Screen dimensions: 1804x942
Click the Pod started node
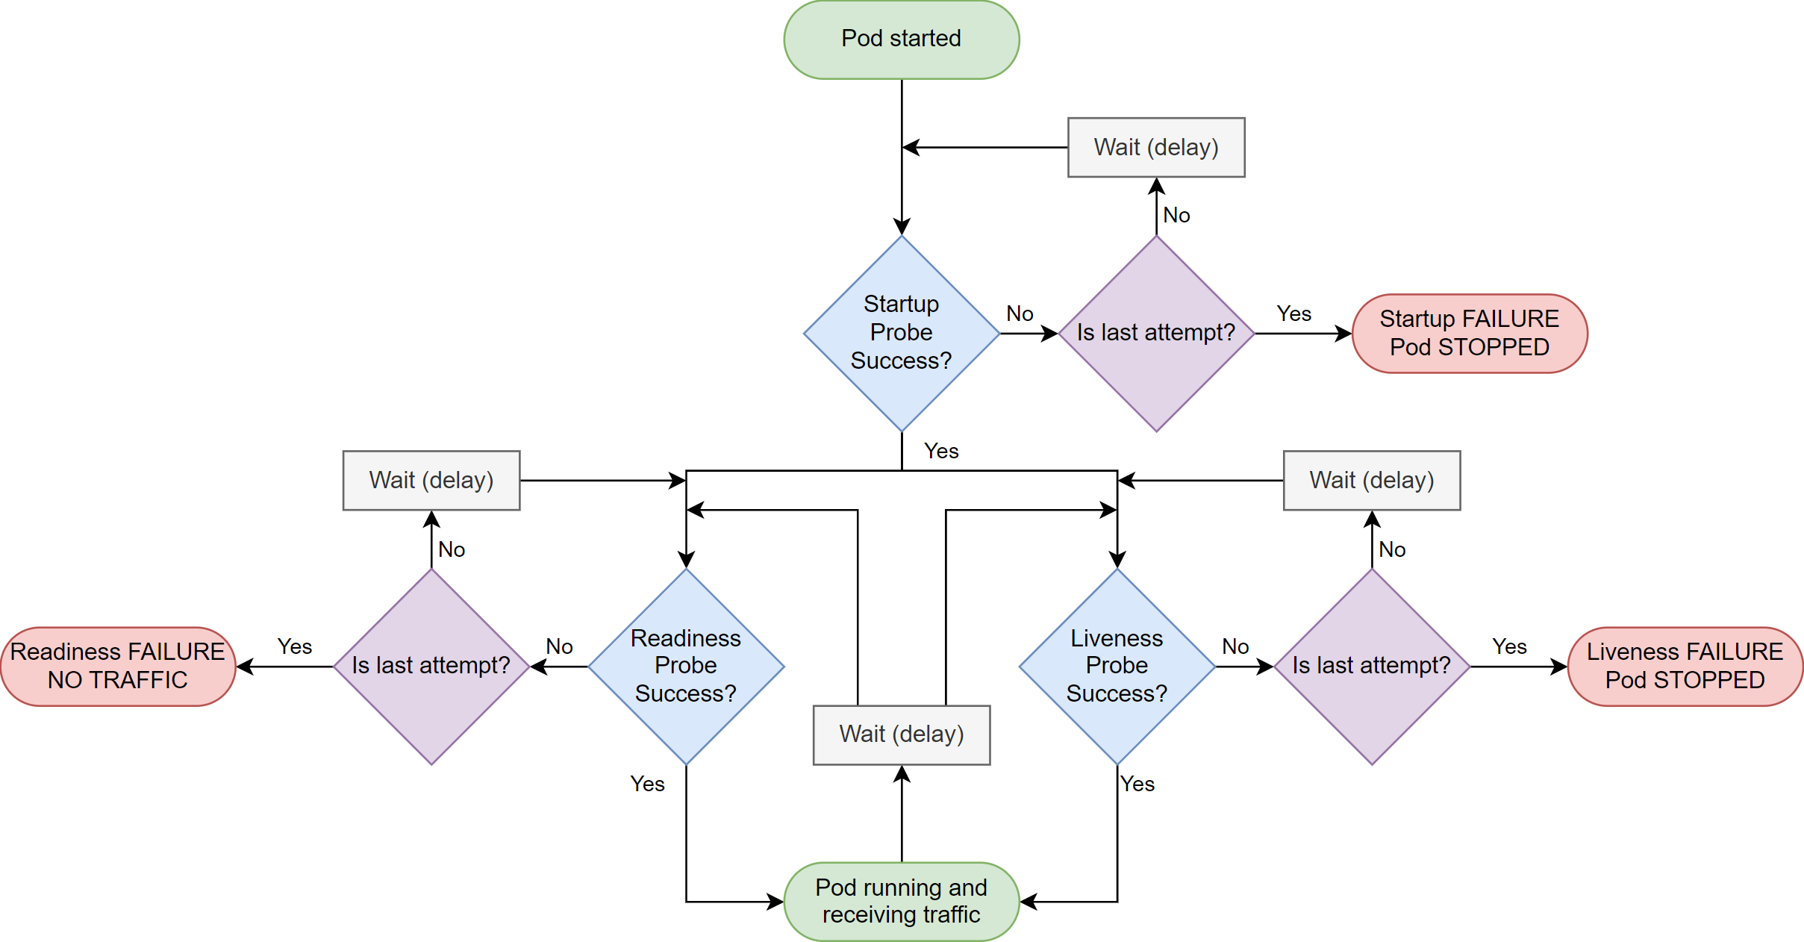902,40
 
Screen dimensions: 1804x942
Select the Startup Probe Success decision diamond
902,334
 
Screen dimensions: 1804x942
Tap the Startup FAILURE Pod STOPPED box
1470,334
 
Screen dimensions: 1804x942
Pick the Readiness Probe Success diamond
686,667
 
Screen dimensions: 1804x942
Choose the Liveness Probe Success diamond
1117,667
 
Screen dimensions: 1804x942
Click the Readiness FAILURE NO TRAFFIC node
118,667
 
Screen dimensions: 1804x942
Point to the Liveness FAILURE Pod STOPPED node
1685,667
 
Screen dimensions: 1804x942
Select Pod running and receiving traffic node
902,902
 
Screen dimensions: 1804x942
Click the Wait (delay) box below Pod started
1156,147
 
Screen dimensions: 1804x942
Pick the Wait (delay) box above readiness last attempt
431,481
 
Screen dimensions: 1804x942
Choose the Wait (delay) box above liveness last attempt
1372,481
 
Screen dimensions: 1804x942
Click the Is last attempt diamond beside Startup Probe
1156,334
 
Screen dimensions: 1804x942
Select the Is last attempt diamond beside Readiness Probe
431,667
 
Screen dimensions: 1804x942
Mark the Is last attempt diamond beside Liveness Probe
1372,667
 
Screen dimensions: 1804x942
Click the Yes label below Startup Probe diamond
941,451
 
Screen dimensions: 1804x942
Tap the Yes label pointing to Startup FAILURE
1293,314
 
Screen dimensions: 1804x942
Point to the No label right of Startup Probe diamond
1020,314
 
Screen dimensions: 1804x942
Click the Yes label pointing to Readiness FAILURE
295,646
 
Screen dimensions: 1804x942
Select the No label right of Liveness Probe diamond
1235,646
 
